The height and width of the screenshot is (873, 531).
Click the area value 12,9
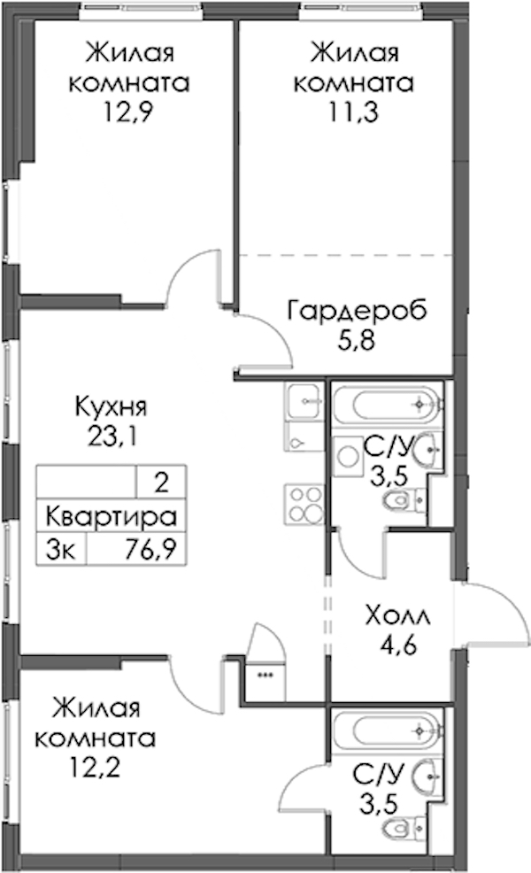point(128,113)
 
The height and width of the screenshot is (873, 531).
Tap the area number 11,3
point(353,112)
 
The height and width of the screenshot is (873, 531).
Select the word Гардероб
point(357,311)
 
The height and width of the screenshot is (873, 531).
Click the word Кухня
point(112,407)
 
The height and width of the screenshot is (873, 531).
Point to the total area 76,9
point(150,550)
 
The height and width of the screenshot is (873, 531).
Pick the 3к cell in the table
point(59,550)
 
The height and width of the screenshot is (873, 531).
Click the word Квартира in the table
point(111,517)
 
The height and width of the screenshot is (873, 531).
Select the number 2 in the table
point(161,483)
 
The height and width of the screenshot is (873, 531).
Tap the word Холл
point(398,616)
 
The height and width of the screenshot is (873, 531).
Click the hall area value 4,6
point(398,645)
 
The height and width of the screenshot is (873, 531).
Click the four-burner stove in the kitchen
point(304,505)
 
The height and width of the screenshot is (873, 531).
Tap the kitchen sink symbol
point(304,400)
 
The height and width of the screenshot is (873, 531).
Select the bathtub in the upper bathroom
point(388,406)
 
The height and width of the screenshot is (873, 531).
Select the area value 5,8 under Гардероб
point(357,341)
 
